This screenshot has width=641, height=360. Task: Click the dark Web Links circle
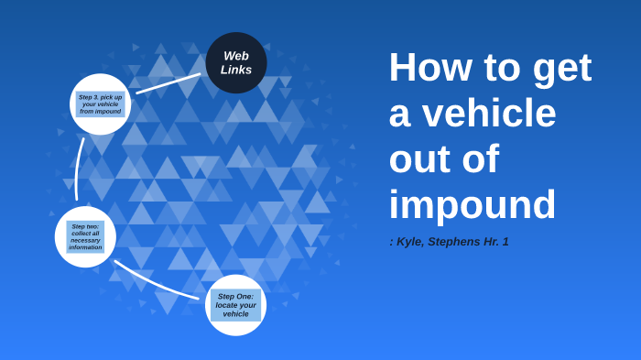tap(236, 62)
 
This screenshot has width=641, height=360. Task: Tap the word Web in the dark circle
tap(236, 56)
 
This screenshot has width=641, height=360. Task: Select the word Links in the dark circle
tap(236, 70)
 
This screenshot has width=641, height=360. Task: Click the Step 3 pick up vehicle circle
tap(101, 104)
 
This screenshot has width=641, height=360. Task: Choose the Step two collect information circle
tap(85, 236)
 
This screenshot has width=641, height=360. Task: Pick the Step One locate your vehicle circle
tap(235, 305)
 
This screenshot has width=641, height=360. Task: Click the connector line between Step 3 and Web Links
tap(168, 83)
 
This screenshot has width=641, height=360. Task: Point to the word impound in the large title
tap(472, 205)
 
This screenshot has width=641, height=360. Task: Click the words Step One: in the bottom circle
tap(235, 297)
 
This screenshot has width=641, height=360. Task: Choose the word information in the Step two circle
tap(85, 247)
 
